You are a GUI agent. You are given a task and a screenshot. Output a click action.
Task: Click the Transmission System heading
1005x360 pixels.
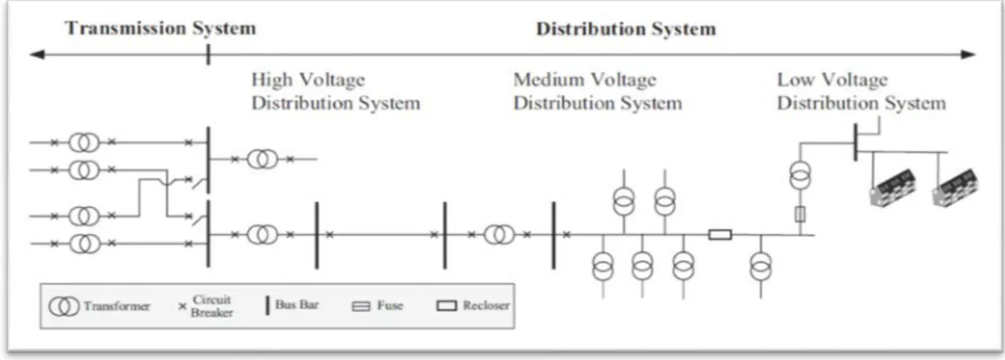tap(160, 29)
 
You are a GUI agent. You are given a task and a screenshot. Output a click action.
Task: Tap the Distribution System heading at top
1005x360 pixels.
tap(627, 29)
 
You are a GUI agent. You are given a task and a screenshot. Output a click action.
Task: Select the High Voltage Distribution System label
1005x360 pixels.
tap(336, 91)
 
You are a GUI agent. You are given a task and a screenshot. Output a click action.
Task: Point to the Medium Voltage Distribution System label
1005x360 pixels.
tap(597, 91)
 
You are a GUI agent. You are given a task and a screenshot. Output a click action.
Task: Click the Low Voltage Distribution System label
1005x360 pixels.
tap(861, 91)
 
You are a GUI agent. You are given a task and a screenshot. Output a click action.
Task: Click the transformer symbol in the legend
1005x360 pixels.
tap(63, 307)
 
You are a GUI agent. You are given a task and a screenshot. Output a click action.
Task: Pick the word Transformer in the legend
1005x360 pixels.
tap(117, 306)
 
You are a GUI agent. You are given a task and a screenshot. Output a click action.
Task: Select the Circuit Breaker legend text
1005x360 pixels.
tap(211, 306)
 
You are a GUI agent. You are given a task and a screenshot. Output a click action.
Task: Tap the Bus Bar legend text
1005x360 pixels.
tap(297, 304)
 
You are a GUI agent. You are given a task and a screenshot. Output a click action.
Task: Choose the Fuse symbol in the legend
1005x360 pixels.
tap(361, 307)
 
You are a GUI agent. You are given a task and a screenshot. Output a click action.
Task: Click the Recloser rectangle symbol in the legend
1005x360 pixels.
tap(447, 306)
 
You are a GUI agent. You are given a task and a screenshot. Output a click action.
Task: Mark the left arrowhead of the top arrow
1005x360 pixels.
tap(36, 55)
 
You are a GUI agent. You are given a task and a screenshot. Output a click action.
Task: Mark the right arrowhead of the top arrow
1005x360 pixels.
tap(969, 55)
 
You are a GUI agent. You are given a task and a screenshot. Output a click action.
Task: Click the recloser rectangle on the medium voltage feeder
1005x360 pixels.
tap(720, 235)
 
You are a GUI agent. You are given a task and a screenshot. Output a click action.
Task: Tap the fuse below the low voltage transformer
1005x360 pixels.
tap(800, 214)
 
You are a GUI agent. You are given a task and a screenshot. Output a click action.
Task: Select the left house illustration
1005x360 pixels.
tap(892, 187)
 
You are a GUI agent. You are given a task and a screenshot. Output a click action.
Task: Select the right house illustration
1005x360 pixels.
tap(955, 187)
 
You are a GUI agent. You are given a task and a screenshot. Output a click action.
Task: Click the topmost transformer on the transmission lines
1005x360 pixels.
tap(84, 143)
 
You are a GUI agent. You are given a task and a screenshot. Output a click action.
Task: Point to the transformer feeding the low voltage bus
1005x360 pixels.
tap(800, 175)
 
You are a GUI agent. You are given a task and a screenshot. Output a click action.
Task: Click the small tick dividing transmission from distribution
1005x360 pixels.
tap(208, 55)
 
